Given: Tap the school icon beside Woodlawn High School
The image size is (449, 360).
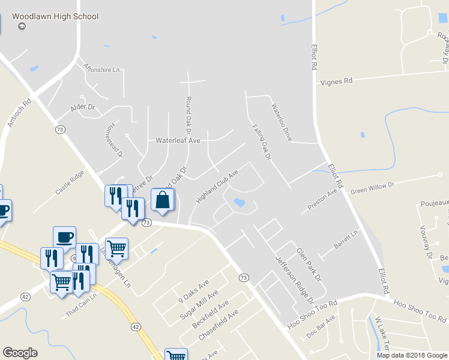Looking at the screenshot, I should click(22, 26).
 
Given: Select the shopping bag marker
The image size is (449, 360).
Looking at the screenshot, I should click(163, 200).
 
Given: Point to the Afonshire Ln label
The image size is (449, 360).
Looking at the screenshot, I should click(102, 70).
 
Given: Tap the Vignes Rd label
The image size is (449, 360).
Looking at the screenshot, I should click(336, 80).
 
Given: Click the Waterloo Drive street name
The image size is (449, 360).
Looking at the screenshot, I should click(281, 122).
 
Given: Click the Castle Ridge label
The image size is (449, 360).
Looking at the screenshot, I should click(70, 184).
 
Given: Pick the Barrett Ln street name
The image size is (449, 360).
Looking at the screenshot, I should click(346, 240).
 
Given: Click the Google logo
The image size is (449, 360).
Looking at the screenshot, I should click(20, 353).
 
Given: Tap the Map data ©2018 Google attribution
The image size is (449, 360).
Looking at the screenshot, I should click(411, 355).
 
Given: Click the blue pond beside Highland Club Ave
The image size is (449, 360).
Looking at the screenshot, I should click(239, 203).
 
